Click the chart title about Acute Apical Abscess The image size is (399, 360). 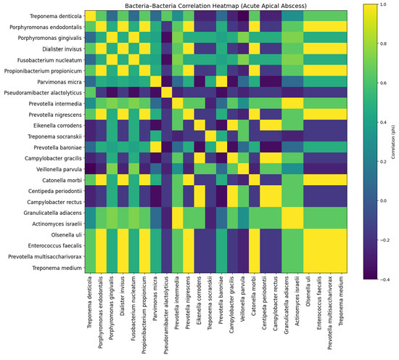click(215, 6)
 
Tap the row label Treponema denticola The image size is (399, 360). click(56, 16)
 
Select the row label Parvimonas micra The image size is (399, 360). click(59, 82)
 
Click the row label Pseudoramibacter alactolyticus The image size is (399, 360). click(43, 93)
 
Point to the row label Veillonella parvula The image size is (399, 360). click(59, 169)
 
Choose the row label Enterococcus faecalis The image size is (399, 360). click(55, 246)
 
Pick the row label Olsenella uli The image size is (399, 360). click(67, 234)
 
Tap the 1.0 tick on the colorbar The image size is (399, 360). click(383, 4)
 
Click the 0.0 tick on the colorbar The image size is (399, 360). click(383, 201)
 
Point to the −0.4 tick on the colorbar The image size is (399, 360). click(384, 279)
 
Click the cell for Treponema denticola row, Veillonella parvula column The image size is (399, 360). click(243, 16)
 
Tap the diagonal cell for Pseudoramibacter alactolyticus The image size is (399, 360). click(167, 92)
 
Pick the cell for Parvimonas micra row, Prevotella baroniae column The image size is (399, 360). click(221, 81)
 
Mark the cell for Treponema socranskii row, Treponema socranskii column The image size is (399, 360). click(210, 136)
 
